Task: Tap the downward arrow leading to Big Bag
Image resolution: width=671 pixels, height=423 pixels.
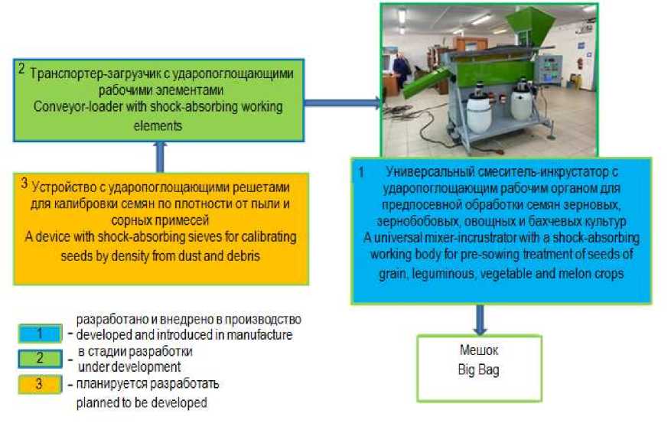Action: pos(480,317)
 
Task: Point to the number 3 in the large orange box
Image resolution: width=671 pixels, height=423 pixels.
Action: pos(24,183)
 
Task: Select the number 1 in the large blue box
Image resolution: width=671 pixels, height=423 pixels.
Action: pos(361,173)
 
